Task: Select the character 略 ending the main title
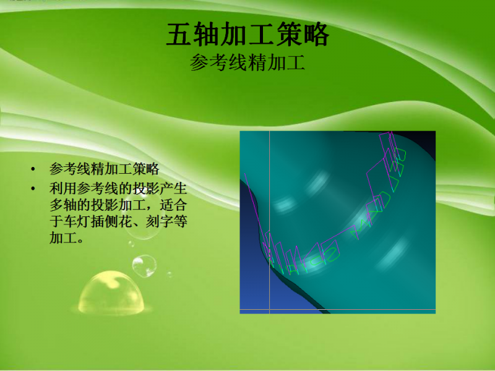click(x=316, y=35)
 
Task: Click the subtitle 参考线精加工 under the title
click(x=247, y=63)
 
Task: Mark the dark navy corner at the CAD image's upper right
click(x=427, y=140)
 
